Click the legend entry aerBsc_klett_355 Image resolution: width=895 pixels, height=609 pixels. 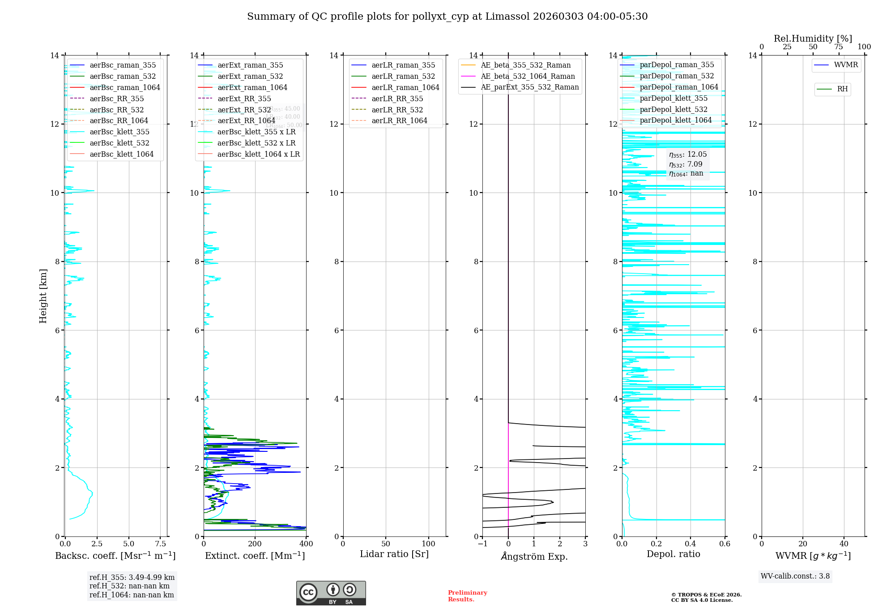point(119,132)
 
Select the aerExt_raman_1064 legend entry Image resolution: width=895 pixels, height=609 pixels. point(252,87)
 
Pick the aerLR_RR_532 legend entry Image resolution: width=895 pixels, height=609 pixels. point(397,110)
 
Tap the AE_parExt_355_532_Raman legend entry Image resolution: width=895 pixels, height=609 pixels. point(529,87)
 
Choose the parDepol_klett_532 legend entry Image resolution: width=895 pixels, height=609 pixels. point(673,109)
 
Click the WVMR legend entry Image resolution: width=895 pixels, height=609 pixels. point(846,65)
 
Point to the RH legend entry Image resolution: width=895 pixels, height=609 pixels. point(842,89)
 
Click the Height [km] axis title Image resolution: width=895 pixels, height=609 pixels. point(43,296)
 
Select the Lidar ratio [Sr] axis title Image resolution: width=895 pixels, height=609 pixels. point(394,554)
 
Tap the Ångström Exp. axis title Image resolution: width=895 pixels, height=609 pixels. point(534,556)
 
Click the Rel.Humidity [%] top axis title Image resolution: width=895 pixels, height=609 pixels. point(813,39)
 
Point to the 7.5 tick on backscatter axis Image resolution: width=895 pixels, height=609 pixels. point(161,544)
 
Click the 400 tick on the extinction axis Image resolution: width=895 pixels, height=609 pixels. point(307,544)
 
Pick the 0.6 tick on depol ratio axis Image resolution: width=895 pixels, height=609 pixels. point(725,544)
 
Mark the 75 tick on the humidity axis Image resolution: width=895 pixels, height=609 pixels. point(839,47)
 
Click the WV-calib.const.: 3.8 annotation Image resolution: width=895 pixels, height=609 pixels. point(795,576)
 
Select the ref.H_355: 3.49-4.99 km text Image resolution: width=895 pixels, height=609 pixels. point(132,578)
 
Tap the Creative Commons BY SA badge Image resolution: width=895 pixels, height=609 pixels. point(331,593)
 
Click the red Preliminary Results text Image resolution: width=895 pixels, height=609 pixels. point(467,596)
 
